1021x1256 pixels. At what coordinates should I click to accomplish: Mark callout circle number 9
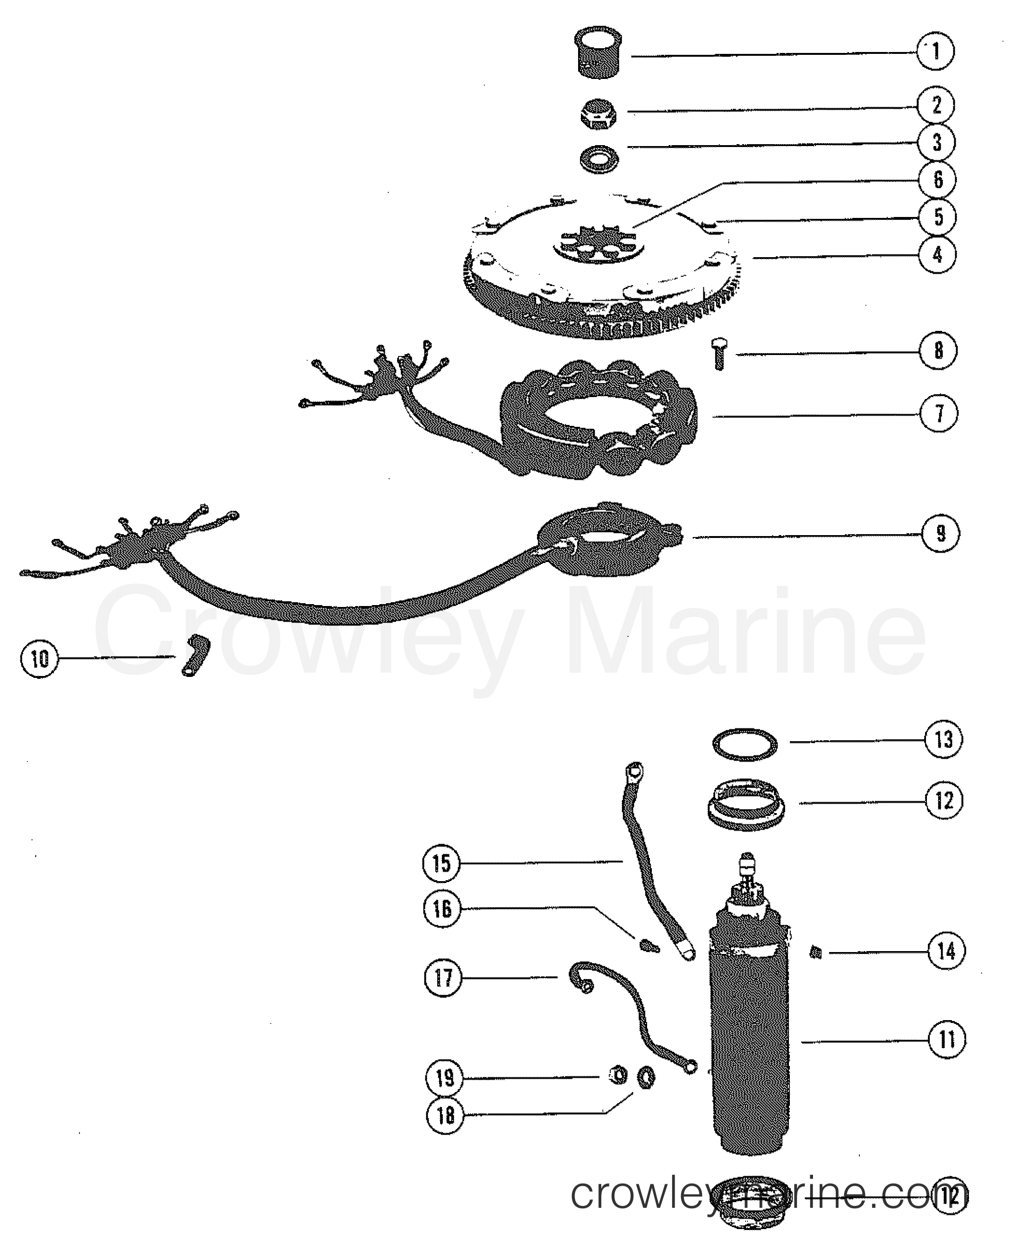click(x=941, y=533)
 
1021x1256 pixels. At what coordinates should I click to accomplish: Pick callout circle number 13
click(x=943, y=739)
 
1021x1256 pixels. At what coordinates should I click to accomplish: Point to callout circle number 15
click(x=442, y=863)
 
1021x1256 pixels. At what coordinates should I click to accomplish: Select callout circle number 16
click(x=442, y=909)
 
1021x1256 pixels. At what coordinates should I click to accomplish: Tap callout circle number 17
click(x=443, y=978)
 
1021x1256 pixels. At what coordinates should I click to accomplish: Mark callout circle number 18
click(x=445, y=1114)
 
